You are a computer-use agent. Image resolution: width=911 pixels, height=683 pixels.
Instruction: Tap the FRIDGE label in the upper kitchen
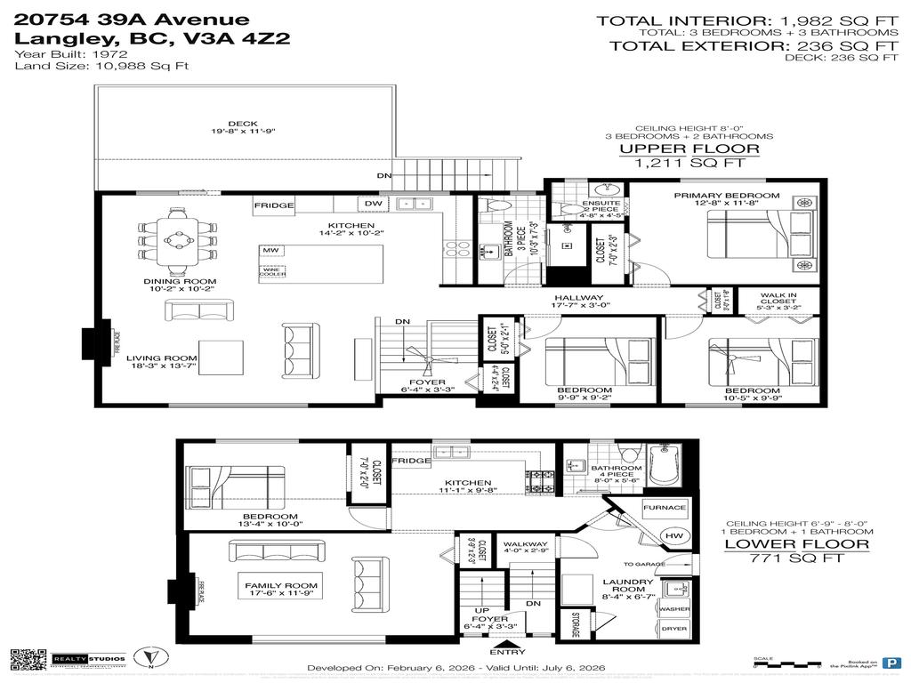point(274,205)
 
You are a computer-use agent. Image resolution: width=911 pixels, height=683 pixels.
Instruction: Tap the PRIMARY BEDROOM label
point(726,196)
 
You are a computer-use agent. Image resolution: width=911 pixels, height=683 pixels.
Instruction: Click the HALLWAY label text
point(578,298)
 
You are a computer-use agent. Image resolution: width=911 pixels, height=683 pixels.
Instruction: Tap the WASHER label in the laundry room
point(673,609)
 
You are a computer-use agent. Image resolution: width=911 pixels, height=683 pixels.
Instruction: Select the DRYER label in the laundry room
point(673,629)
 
